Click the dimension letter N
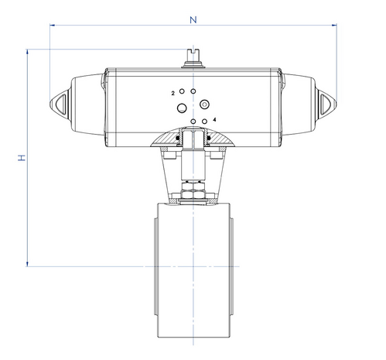click(193, 20)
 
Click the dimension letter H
click(22, 158)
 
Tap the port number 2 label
click(173, 94)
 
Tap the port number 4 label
click(214, 119)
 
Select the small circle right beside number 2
click(182, 91)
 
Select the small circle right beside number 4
click(204, 121)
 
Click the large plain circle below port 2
click(182, 108)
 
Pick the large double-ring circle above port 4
click(204, 105)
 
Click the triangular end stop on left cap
click(62, 105)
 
